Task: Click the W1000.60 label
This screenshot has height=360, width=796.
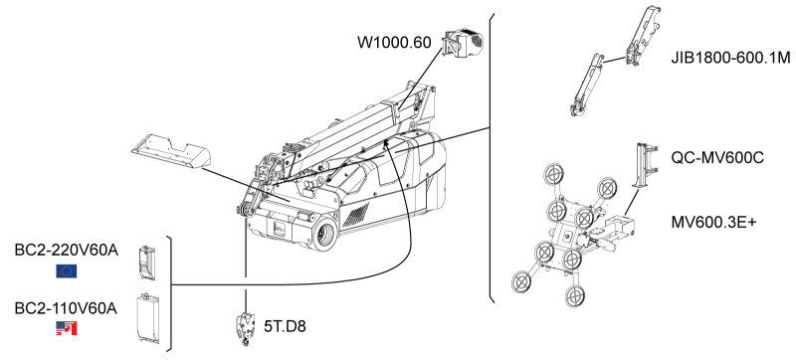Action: tap(394, 42)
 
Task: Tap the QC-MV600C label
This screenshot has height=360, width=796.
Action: tap(710, 158)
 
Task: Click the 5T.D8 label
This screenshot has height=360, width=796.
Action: tap(285, 326)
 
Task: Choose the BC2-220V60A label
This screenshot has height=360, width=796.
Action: tap(67, 250)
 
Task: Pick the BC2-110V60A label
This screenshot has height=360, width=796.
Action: tap(66, 308)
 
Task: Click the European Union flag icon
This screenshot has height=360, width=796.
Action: tap(66, 271)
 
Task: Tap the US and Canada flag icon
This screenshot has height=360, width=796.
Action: tap(66, 328)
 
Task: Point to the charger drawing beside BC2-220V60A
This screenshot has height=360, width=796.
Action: tap(146, 263)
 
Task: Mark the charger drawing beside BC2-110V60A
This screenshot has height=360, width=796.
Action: tap(147, 318)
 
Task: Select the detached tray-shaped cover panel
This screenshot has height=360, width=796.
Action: tap(171, 151)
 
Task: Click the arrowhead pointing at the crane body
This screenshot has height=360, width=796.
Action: tap(388, 145)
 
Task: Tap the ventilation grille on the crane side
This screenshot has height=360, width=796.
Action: tap(356, 214)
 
